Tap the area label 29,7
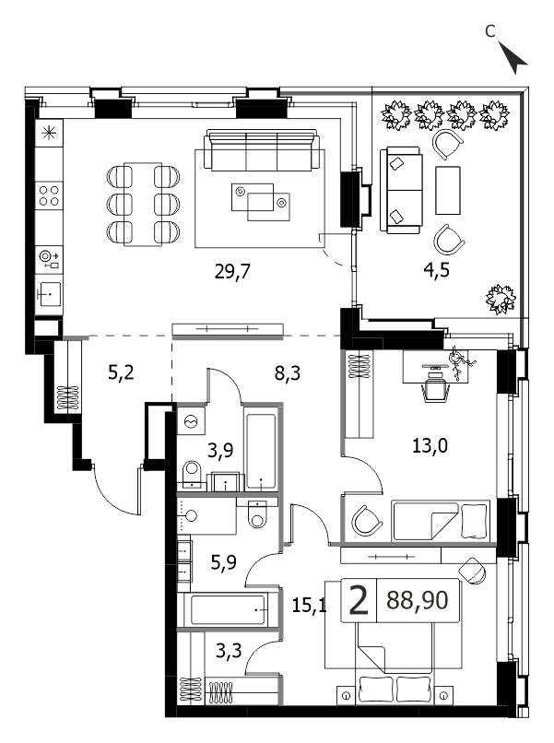232,272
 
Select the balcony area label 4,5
436,269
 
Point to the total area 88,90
417,600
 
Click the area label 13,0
430,445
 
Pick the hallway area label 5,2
121,372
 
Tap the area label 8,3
288,373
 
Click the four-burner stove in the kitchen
49,195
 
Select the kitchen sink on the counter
49,294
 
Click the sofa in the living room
262,150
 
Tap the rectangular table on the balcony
448,190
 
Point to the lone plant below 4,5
501,299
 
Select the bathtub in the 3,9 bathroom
261,451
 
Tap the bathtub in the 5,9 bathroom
229,610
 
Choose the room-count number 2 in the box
359,600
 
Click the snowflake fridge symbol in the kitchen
49,133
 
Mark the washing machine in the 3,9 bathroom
192,420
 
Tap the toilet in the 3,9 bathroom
193,474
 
